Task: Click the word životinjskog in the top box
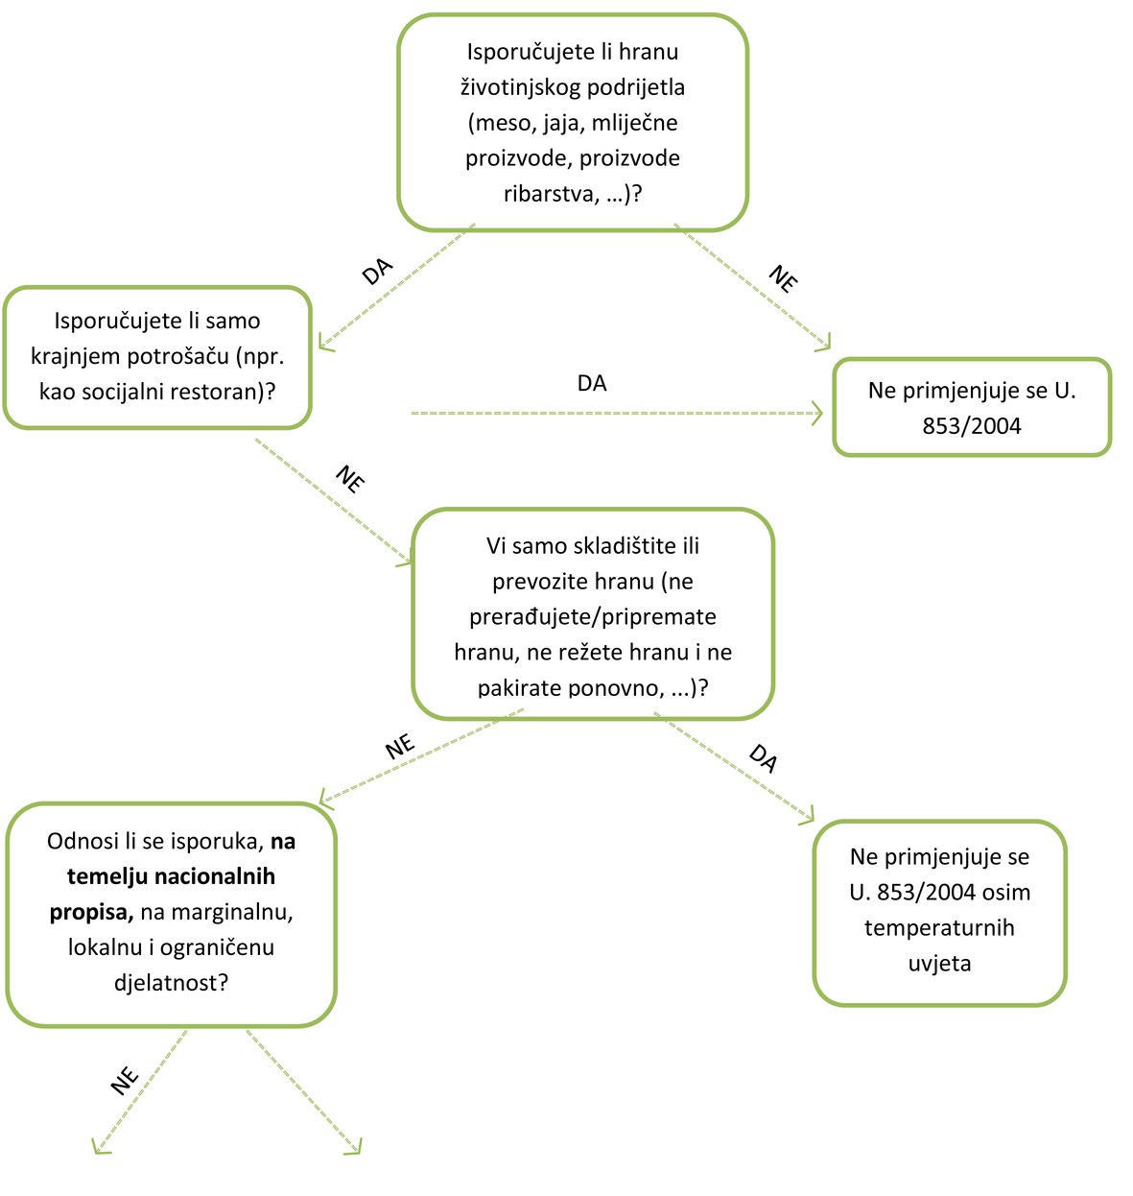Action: (x=519, y=87)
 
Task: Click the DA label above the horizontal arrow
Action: (x=592, y=383)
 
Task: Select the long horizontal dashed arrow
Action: (x=616, y=414)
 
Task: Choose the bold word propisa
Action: (x=91, y=912)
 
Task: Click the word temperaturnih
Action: (x=939, y=928)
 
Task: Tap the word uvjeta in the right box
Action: (x=939, y=964)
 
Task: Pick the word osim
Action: (x=1006, y=893)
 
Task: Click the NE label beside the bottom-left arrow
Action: (x=125, y=1082)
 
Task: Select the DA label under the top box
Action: (x=377, y=272)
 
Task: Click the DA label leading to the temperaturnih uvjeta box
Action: (x=763, y=758)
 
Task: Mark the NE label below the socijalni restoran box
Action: (x=350, y=479)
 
